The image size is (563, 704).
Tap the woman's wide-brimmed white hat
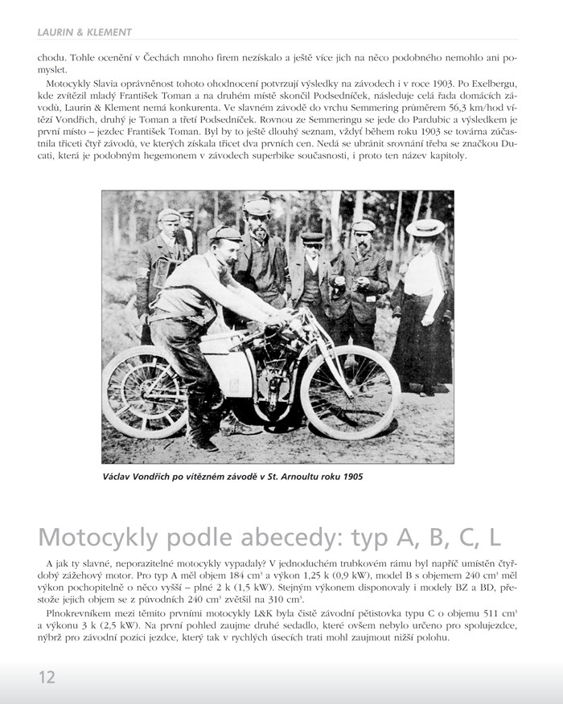pyautogui.click(x=425, y=227)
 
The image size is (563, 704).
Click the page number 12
pyautogui.click(x=47, y=677)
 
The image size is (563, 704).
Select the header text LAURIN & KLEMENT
pyautogui.click(x=84, y=32)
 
